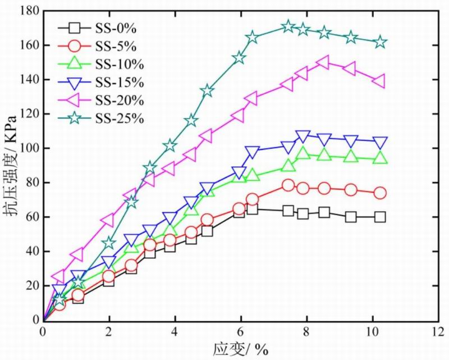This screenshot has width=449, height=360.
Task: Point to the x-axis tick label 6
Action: (241, 331)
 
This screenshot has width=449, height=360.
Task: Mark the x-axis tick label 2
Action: (109, 331)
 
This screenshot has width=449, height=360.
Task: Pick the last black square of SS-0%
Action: (380, 217)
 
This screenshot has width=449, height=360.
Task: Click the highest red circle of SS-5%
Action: (288, 185)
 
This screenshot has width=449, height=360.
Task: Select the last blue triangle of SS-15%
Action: (380, 143)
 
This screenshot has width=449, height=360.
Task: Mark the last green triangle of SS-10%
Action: (380, 158)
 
